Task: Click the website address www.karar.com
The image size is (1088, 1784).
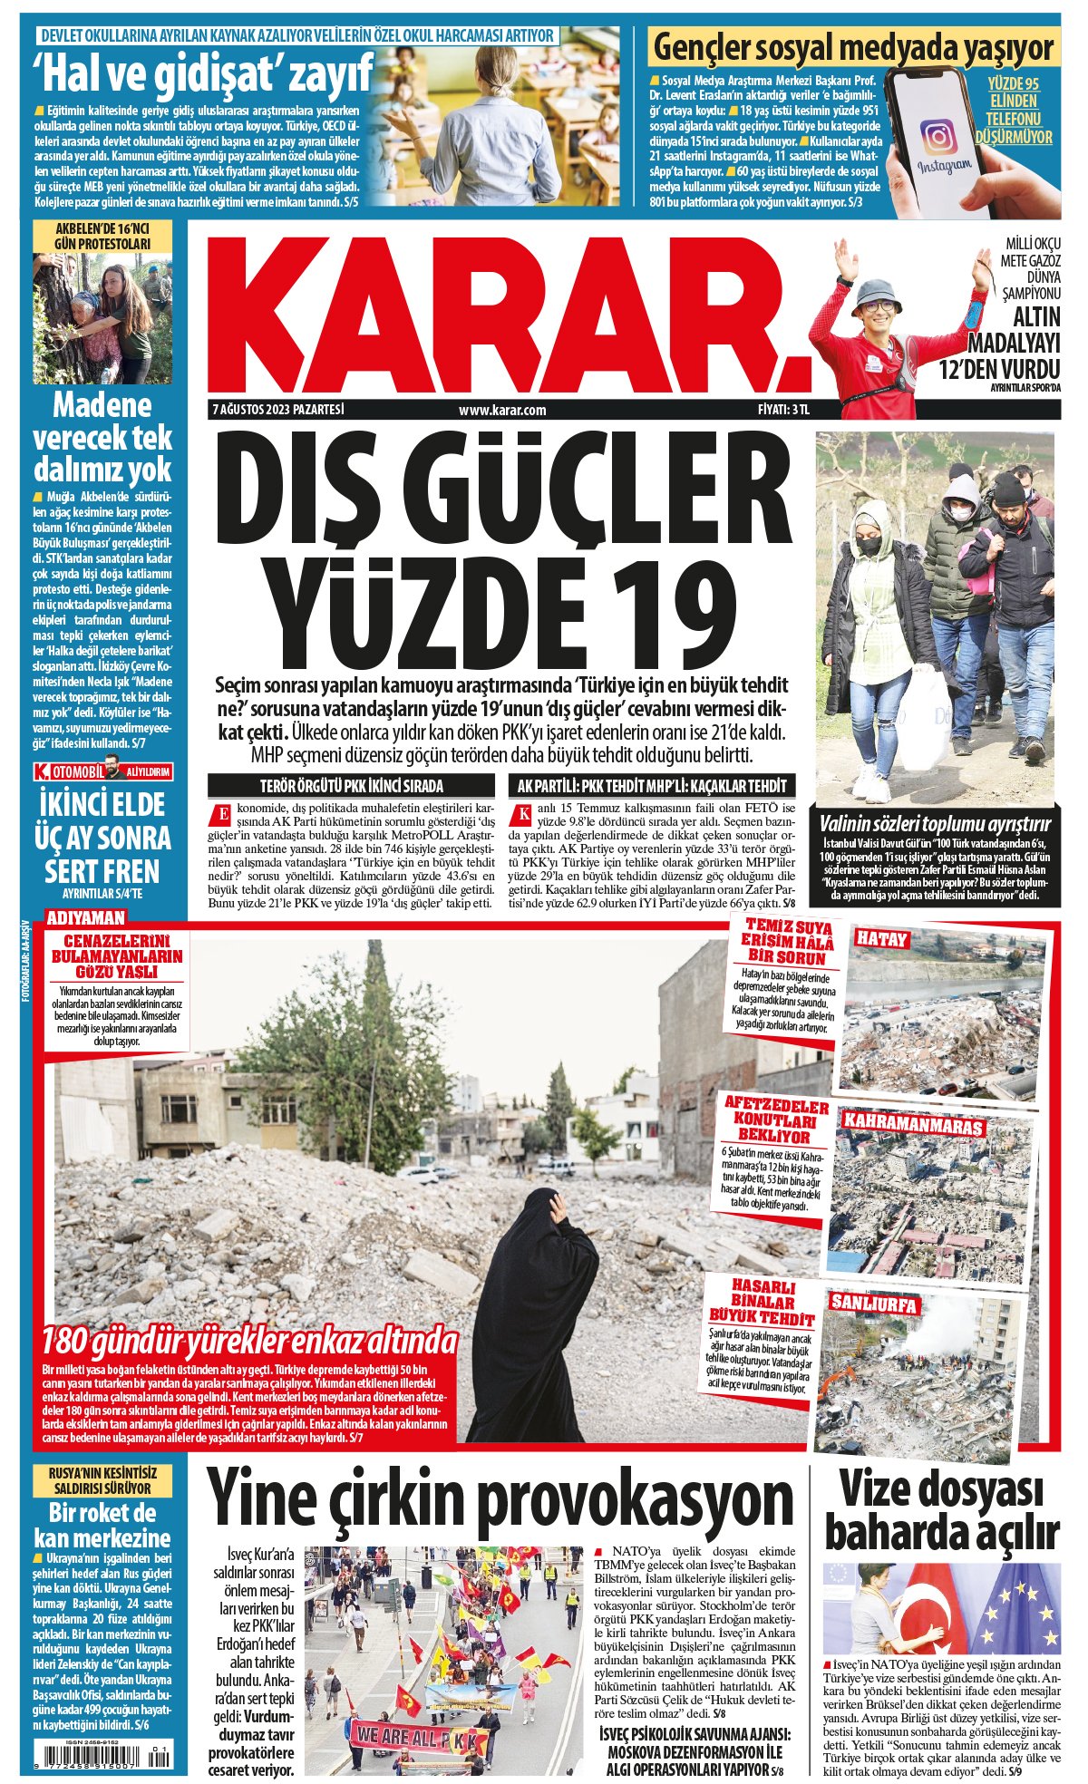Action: [502, 410]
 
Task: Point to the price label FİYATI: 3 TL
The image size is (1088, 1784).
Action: [783, 410]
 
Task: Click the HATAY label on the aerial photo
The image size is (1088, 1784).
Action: [881, 939]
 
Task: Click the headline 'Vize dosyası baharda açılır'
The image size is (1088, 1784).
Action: [941, 1512]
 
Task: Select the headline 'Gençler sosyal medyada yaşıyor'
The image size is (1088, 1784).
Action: [854, 46]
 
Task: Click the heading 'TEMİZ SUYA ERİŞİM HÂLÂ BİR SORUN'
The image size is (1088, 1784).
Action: [788, 942]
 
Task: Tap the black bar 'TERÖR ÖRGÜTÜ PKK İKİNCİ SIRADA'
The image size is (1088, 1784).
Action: [351, 786]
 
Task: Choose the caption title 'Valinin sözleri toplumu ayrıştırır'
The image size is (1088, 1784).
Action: [934, 824]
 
